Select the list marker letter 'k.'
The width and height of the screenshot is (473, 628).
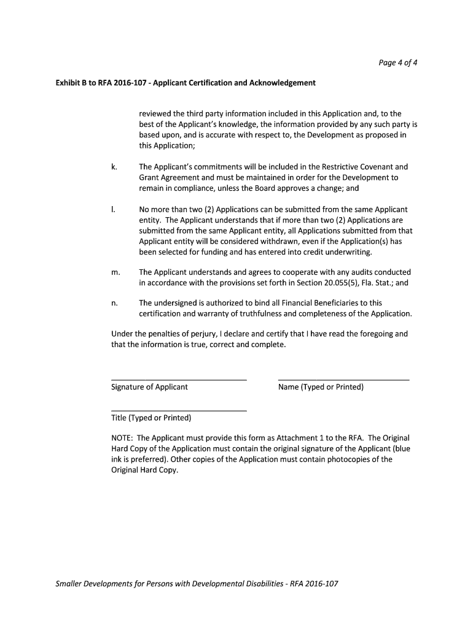(114, 166)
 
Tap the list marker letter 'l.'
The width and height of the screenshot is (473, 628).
(112, 209)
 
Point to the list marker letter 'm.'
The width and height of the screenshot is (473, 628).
(115, 272)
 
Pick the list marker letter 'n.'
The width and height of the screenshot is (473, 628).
(114, 303)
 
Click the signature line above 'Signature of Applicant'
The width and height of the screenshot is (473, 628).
(179, 380)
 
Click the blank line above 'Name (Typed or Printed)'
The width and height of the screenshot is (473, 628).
(343, 380)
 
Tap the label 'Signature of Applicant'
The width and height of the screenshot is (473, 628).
(149, 388)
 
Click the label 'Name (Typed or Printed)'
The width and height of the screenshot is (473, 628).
(321, 388)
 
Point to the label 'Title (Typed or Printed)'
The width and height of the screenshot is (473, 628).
(151, 418)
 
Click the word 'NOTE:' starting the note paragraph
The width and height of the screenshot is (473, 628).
(122, 438)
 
